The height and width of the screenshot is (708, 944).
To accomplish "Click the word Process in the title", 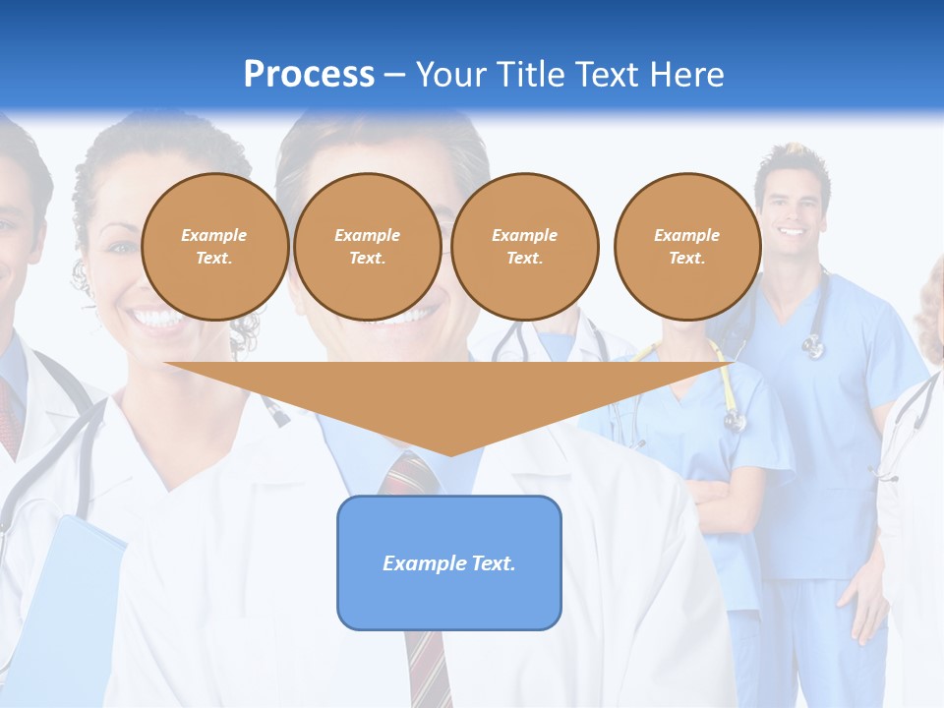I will [x=309, y=75].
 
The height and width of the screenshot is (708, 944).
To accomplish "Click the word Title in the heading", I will [x=529, y=75].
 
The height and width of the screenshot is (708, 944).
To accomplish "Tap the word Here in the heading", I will [x=681, y=75].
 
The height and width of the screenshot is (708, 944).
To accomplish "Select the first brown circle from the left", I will [x=215, y=247].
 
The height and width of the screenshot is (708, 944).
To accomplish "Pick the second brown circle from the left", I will [x=368, y=247].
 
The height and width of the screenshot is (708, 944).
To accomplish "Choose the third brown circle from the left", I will [x=525, y=247].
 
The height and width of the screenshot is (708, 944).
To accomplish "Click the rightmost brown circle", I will [x=687, y=247].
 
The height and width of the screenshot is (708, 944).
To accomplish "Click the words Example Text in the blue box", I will [x=449, y=563].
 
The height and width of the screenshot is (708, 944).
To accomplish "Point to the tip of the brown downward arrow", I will [x=450, y=453].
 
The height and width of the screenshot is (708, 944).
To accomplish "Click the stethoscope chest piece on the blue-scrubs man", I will [x=813, y=345].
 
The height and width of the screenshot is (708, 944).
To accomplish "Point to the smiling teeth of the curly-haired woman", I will [x=156, y=318].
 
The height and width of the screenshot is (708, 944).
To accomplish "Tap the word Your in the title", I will [x=448, y=75].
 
